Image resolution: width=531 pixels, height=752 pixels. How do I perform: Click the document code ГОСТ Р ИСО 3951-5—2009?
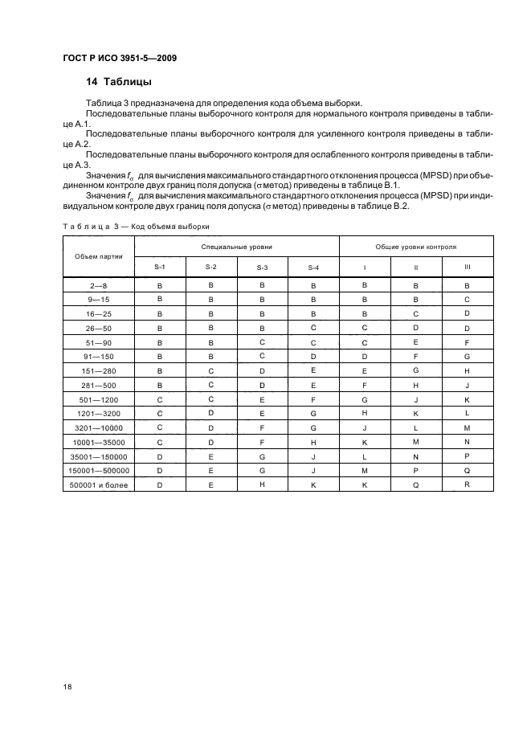(120, 59)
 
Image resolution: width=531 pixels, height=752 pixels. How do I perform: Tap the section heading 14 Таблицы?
(119, 82)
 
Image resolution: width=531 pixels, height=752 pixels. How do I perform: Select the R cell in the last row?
(468, 484)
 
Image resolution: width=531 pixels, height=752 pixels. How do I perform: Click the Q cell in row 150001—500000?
(468, 471)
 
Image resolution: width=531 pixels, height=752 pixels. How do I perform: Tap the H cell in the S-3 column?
(262, 484)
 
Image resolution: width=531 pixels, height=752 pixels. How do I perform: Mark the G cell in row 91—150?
(468, 356)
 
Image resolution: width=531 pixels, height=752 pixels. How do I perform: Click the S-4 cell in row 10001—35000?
(313, 442)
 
